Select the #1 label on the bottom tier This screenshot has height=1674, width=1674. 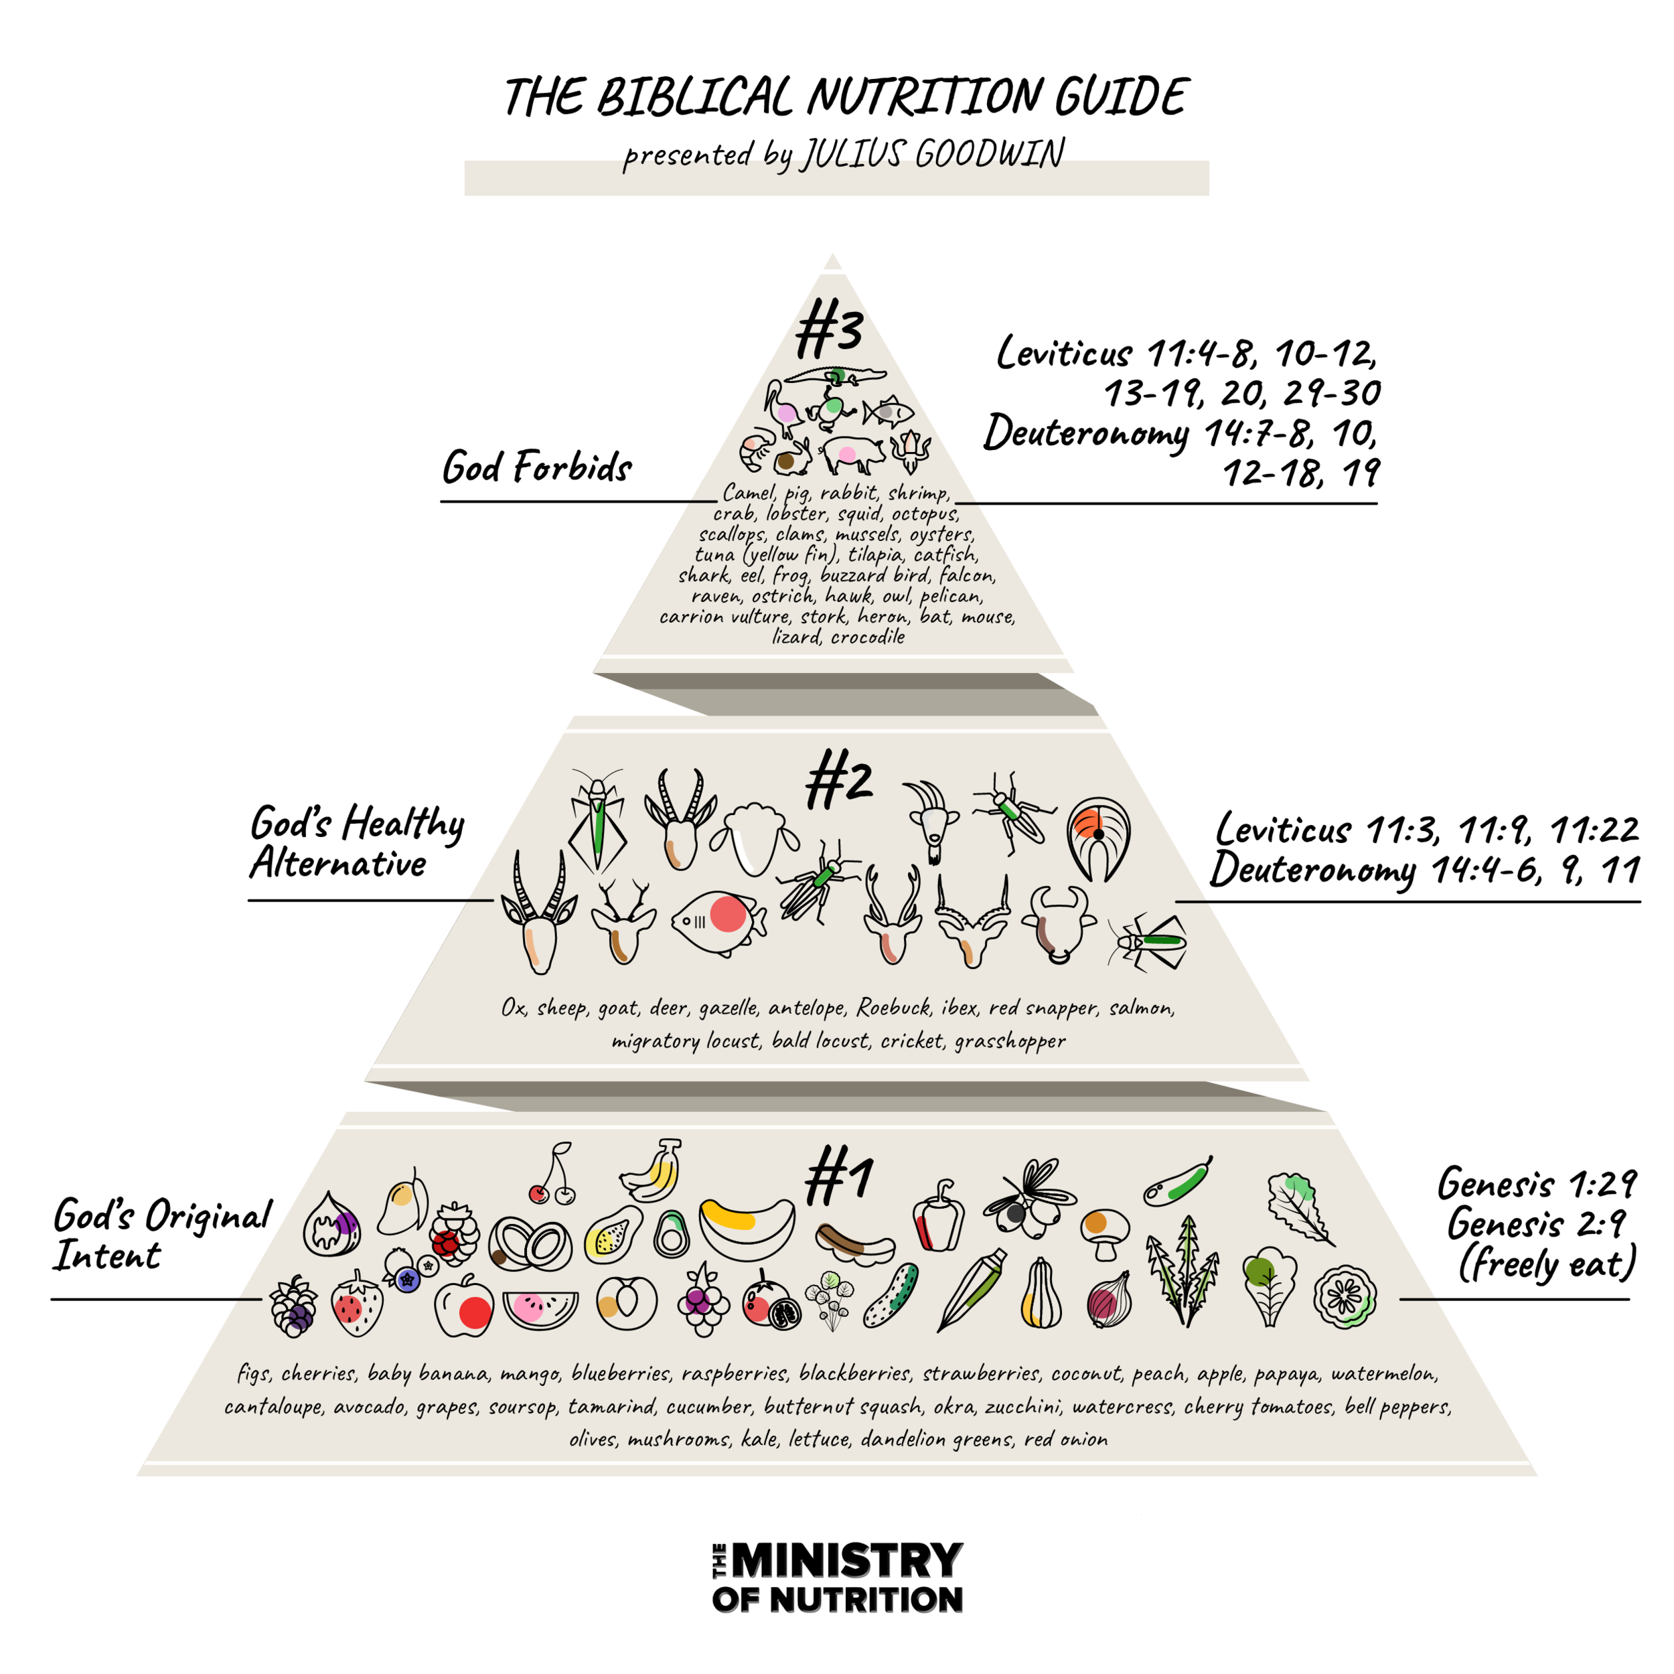838,1178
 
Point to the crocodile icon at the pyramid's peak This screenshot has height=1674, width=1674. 834,376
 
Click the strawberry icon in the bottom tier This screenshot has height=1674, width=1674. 356,1304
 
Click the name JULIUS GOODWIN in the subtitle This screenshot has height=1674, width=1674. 931,154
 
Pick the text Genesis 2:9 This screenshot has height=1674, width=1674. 1535,1224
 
